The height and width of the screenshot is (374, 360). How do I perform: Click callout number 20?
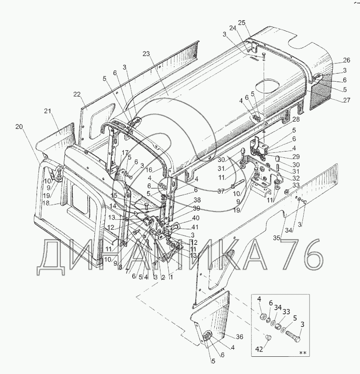pyautogui.click(x=19, y=127)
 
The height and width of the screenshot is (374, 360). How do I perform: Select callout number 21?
pyautogui.click(x=48, y=111)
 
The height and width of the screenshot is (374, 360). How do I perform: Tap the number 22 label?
pyautogui.click(x=77, y=95)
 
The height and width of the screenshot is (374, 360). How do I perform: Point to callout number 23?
pyautogui.click(x=146, y=54)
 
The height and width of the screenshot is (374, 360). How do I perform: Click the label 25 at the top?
pyautogui.click(x=242, y=23)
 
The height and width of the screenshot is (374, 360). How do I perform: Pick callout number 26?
pyautogui.click(x=347, y=60)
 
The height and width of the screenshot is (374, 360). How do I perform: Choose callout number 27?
pyautogui.click(x=347, y=100)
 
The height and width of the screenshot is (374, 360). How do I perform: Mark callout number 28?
pyautogui.click(x=296, y=119)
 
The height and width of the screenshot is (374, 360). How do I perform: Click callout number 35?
pyautogui.click(x=277, y=238)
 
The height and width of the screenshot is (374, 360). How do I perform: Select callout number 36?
pyautogui.click(x=240, y=337)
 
